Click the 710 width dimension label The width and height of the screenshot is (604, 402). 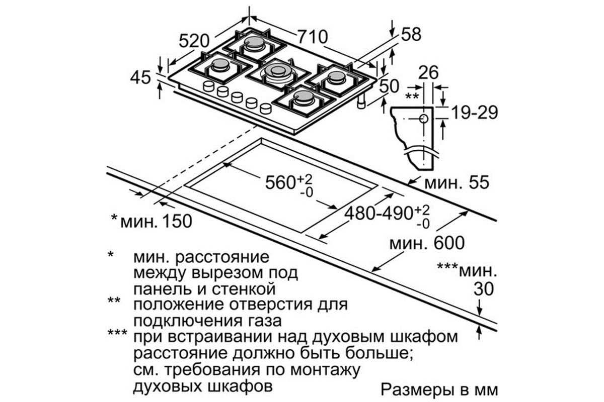pyautogui.click(x=313, y=37)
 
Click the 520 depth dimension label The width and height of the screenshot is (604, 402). pyautogui.click(x=194, y=41)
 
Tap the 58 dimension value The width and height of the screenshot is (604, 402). pyautogui.click(x=411, y=34)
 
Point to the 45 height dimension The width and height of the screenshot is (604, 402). pyautogui.click(x=140, y=78)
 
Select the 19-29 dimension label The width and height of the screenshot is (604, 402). pyautogui.click(x=475, y=113)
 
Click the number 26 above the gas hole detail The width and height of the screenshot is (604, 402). pyautogui.click(x=428, y=72)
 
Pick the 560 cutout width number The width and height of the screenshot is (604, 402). pyautogui.click(x=281, y=182)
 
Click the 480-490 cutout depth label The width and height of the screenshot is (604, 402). pyautogui.click(x=379, y=214)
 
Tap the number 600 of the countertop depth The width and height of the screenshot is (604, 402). pyautogui.click(x=449, y=243)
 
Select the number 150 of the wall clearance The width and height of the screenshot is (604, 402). pyautogui.click(x=176, y=221)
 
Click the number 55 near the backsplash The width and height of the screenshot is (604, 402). pyautogui.click(x=479, y=182)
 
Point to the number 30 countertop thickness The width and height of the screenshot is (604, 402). pyautogui.click(x=484, y=289)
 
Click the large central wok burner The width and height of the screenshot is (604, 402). pyautogui.click(x=278, y=72)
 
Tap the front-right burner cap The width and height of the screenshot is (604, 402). pyautogui.click(x=305, y=96)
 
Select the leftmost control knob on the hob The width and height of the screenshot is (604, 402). pyautogui.click(x=208, y=87)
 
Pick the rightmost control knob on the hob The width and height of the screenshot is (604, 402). pyautogui.click(x=266, y=109)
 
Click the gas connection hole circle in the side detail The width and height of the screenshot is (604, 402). pyautogui.click(x=424, y=119)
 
